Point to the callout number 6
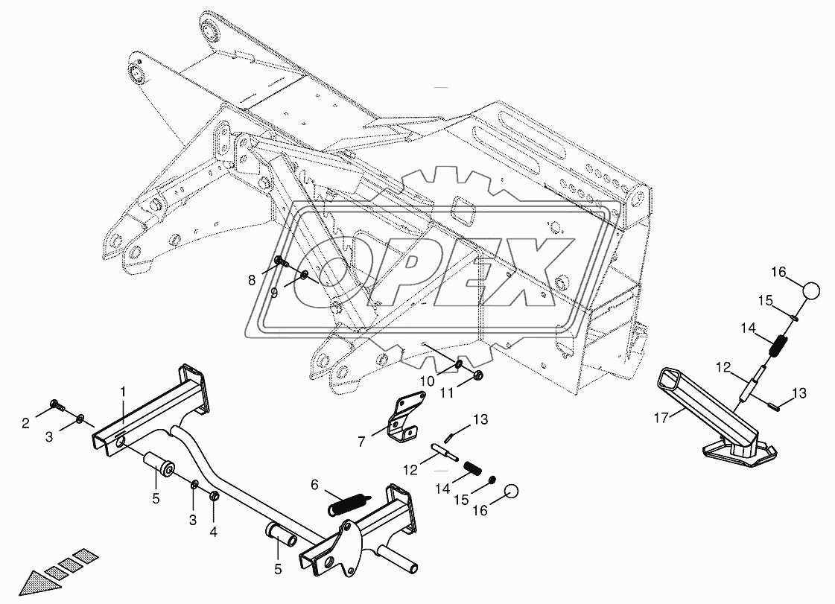314,484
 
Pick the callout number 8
251,280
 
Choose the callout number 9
274,293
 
